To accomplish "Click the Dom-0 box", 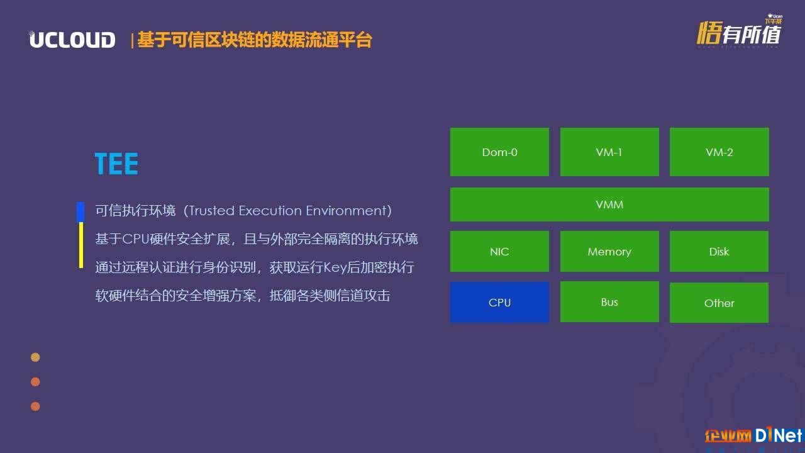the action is point(499,152).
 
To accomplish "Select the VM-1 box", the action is point(609,152).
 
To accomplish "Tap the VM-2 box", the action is point(719,152).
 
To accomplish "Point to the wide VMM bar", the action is point(609,204).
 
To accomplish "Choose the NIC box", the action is point(499,251).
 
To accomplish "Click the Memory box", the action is point(609,251).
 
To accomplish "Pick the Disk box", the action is point(719,251).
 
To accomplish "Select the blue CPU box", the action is point(499,303).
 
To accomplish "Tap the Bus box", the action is point(609,301).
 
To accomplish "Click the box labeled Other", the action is point(719,303).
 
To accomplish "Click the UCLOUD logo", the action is point(72,39).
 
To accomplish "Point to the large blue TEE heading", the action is point(116,164).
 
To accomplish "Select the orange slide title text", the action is point(255,40).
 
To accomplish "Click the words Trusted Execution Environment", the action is point(287,211).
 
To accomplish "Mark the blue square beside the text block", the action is point(80,212).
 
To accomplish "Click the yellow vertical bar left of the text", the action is point(81,245).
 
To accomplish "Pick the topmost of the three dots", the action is point(35,357).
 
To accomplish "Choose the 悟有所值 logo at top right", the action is point(739,32).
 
